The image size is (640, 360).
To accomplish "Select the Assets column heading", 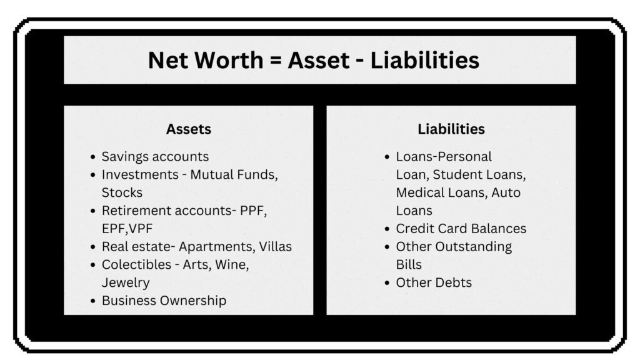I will [189, 129].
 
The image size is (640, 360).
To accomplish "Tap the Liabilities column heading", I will [451, 129].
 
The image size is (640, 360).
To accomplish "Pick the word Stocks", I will [122, 192].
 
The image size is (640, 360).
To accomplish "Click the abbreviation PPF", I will [254, 211].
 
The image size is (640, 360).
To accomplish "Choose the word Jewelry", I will [126, 282].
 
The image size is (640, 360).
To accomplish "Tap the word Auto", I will [506, 192].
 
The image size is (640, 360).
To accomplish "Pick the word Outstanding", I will [471, 246].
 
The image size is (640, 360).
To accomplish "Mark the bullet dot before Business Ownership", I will [93, 301].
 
